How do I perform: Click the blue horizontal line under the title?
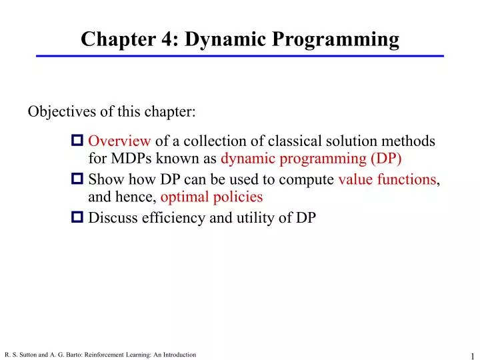coord(240,56)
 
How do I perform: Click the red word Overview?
coord(119,141)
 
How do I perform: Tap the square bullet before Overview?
coord(77,141)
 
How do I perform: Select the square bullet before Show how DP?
coord(77,179)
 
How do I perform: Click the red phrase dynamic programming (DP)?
coord(311,159)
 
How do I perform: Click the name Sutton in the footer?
coord(28,355)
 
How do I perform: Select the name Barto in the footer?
coord(73,355)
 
